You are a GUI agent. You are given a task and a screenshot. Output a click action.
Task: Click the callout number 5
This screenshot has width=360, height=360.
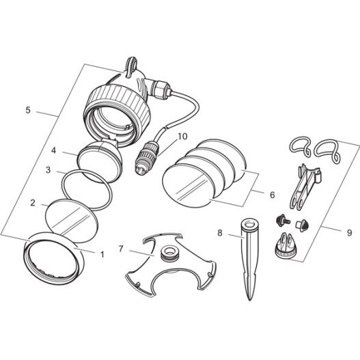[x=28, y=110]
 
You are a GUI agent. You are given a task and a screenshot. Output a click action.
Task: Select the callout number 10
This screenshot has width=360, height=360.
[x=183, y=137]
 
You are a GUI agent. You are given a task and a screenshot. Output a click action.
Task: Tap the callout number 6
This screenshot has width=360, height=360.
[x=273, y=195]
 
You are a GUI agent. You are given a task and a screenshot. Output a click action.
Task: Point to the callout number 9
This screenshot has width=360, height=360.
[x=349, y=233]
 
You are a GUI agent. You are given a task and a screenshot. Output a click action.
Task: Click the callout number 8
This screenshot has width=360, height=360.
[x=220, y=233]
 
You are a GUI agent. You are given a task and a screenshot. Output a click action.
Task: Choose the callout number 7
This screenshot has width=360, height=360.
[x=121, y=249]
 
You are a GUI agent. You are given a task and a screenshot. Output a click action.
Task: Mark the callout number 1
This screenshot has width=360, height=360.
[x=102, y=254]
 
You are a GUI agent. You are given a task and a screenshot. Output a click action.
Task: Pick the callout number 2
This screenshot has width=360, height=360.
[x=33, y=203]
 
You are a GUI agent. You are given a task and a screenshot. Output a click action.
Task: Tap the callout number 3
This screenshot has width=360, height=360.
[x=48, y=170]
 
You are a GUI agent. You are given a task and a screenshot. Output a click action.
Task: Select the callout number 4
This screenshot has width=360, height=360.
[x=53, y=150]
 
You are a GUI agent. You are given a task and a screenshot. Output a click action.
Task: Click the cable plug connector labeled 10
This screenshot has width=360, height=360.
[x=146, y=158]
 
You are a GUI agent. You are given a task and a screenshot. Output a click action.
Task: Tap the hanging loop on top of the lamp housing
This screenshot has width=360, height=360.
[x=131, y=65]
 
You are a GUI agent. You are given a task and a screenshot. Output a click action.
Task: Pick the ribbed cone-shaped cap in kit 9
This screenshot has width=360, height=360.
[x=286, y=246]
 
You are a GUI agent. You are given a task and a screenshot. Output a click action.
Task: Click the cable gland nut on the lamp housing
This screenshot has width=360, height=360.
[x=161, y=88]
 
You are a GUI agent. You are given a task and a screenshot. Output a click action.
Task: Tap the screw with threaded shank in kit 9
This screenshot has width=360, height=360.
[x=282, y=221]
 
